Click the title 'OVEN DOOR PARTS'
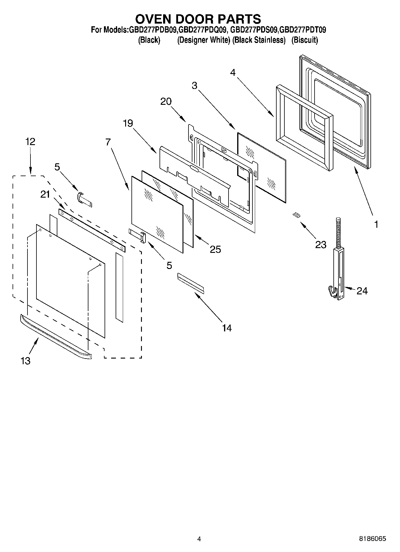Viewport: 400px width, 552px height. click(x=198, y=19)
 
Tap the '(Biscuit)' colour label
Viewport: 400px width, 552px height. click(x=304, y=40)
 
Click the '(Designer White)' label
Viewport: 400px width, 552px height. click(x=203, y=40)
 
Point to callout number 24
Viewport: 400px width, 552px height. click(x=362, y=290)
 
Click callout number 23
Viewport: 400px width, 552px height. click(x=321, y=245)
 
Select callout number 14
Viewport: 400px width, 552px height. click(x=227, y=328)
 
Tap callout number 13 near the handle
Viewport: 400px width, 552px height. click(x=26, y=361)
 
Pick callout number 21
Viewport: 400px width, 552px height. click(x=45, y=194)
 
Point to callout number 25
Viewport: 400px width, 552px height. click(x=215, y=249)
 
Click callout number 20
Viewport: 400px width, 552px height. click(x=166, y=102)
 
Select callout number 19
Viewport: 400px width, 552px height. click(x=128, y=123)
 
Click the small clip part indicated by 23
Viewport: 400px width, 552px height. click(x=296, y=215)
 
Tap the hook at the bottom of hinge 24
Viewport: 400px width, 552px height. click(x=331, y=291)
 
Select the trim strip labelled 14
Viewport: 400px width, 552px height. click(x=191, y=282)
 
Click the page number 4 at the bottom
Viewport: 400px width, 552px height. click(x=199, y=539)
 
